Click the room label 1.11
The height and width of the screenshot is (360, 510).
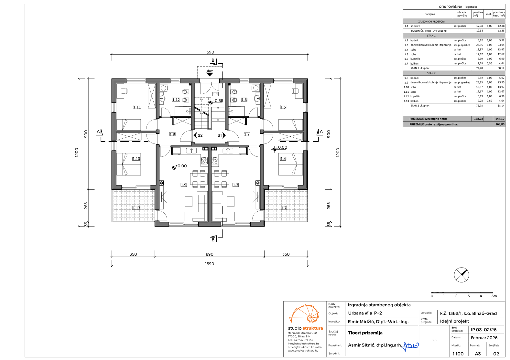137,107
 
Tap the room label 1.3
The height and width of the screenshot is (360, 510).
235,185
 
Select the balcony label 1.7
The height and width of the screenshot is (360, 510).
284,208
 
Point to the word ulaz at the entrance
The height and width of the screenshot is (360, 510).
209,71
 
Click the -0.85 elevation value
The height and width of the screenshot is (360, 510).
218,101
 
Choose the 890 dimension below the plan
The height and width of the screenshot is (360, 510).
210,254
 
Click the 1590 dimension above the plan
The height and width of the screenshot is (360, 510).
210,52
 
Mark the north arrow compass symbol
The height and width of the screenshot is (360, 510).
461,275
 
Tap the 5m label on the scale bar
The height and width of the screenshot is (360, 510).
494,296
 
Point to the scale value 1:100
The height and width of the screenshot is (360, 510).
458,354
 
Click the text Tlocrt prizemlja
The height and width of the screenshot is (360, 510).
365,333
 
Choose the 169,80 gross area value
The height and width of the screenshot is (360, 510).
500,124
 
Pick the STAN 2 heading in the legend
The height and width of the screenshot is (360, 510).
431,73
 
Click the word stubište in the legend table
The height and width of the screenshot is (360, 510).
415,26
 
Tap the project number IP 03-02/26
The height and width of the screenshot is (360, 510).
483,330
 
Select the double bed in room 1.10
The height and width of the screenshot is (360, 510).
129,164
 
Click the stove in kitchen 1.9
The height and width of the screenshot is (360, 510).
204,160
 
